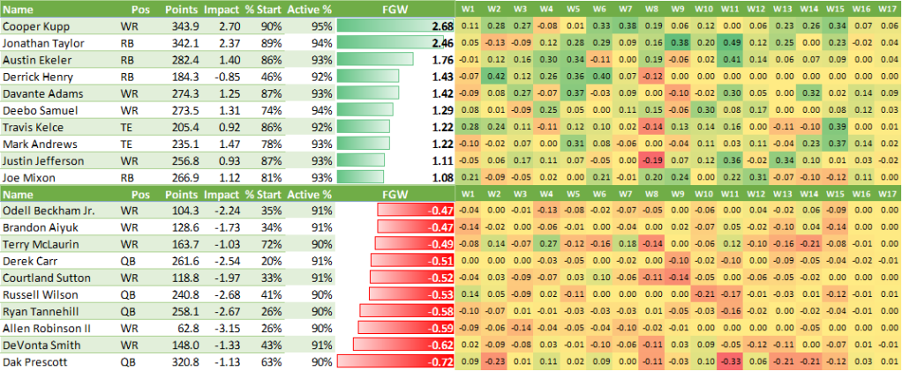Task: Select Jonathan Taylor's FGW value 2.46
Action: [x=442, y=43]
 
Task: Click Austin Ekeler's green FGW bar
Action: [x=375, y=60]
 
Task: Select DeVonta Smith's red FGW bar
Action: [x=401, y=345]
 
